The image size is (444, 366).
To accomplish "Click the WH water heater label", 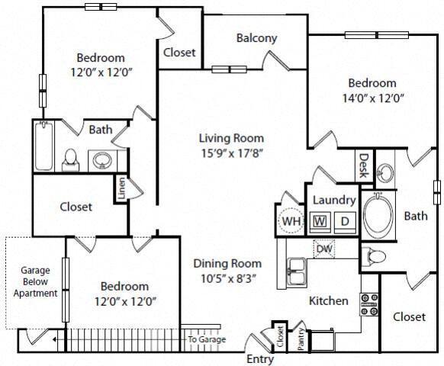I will (291, 222).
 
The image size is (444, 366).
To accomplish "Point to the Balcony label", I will (256, 38).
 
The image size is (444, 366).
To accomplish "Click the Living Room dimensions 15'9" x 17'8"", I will (231, 152).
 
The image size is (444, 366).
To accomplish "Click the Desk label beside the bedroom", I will (364, 164).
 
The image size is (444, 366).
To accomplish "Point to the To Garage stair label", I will (205, 339).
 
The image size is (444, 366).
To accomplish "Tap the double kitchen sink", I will (297, 269).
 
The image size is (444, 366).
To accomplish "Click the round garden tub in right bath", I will (378, 217).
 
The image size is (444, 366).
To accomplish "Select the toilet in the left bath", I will (70, 158).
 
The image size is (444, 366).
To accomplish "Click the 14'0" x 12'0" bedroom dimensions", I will (372, 97).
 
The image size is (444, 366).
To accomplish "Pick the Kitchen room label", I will (329, 300).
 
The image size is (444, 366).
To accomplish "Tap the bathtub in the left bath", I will (43, 148).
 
